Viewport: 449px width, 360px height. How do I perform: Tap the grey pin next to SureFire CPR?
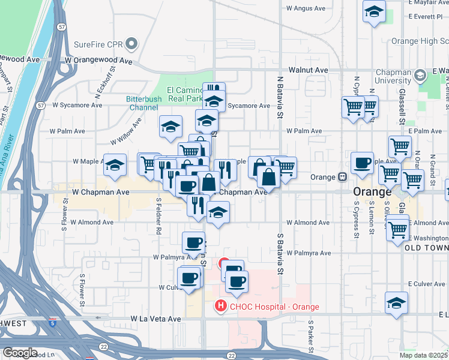[130, 44]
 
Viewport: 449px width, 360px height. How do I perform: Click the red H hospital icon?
[220, 307]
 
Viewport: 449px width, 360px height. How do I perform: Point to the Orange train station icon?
[342, 177]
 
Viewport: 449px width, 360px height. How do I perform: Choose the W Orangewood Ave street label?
[98, 61]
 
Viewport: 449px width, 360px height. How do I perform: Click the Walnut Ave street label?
[308, 70]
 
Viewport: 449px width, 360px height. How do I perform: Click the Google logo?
[20, 353]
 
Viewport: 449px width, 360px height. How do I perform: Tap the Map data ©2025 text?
[424, 355]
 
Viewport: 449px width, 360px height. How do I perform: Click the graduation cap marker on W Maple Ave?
[114, 166]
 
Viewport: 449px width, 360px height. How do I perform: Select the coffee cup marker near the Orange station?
[363, 163]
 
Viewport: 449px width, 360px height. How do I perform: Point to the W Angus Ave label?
[307, 8]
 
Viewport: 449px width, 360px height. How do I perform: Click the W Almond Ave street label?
[92, 222]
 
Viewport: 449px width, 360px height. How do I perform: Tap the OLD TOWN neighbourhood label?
[427, 247]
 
